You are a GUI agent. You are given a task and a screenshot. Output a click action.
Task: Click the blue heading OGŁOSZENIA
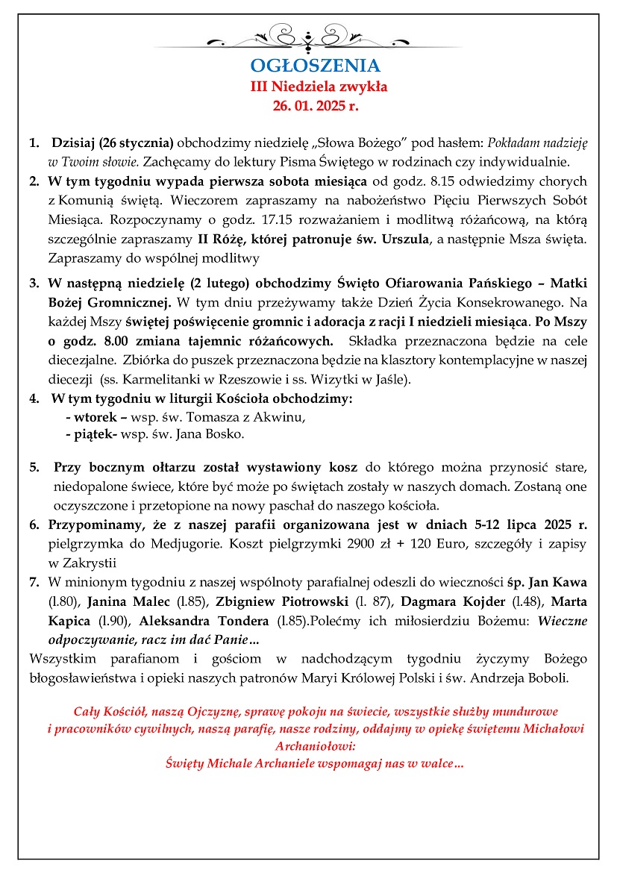[x=315, y=65]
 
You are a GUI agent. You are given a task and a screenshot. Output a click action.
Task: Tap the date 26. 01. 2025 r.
[x=315, y=106]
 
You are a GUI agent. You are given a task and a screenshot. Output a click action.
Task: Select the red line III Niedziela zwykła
[x=319, y=87]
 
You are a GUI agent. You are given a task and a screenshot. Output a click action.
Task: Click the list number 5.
[x=34, y=468]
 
